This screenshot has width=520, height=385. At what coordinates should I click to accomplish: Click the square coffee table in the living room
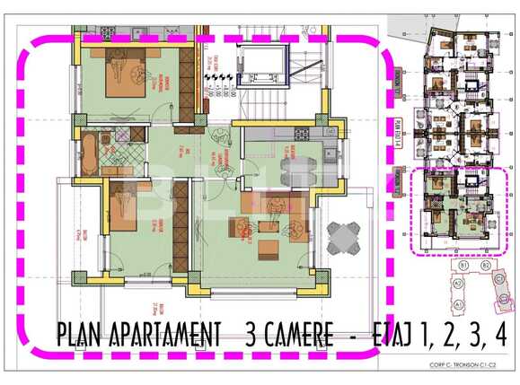click(x=269, y=246)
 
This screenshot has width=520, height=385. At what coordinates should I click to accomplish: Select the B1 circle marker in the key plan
click(x=465, y=267)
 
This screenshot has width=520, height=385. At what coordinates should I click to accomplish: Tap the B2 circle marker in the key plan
click(x=486, y=267)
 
